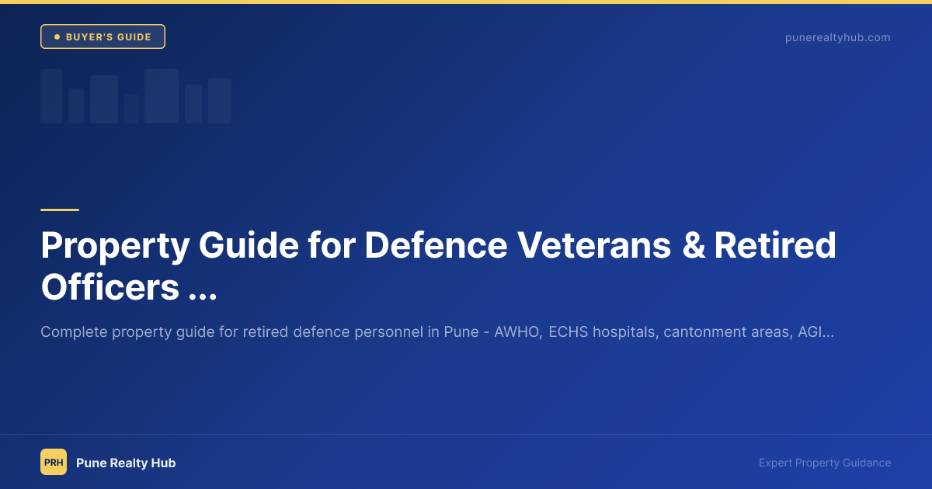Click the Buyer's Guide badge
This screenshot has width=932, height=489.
(103, 36)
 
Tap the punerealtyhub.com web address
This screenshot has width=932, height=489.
(837, 37)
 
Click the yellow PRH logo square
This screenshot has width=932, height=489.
(54, 462)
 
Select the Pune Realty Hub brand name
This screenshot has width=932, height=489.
(126, 463)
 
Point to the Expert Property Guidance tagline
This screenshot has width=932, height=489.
(825, 463)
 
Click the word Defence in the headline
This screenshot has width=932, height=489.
(436, 246)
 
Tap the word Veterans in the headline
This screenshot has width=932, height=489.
(594, 246)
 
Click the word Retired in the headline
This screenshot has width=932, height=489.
(775, 246)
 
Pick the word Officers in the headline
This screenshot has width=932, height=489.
(110, 287)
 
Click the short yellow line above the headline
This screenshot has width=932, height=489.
(60, 210)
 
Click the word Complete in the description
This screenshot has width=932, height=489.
(73, 332)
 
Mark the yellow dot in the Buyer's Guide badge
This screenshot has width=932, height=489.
(57, 36)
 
